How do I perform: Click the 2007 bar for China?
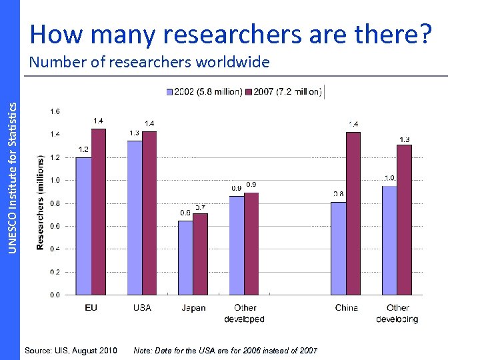click(x=353, y=213)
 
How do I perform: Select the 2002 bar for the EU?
click(x=83, y=226)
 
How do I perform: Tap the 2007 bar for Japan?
click(x=200, y=254)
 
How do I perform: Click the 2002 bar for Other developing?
click(x=389, y=240)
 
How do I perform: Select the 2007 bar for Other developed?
click(x=251, y=243)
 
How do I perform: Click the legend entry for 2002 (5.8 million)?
click(x=205, y=91)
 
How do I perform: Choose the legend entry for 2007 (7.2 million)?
click(x=284, y=91)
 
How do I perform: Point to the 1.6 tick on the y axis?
click(x=55, y=111)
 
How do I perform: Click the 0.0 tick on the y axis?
click(x=55, y=295)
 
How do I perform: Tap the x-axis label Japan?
click(x=193, y=308)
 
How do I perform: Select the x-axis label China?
click(x=347, y=308)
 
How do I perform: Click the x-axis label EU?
click(x=91, y=308)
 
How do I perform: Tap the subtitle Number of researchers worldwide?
click(x=149, y=63)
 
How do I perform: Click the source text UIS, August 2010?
click(x=71, y=351)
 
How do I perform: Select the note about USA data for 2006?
click(x=225, y=351)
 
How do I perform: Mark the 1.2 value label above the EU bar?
click(x=84, y=150)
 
